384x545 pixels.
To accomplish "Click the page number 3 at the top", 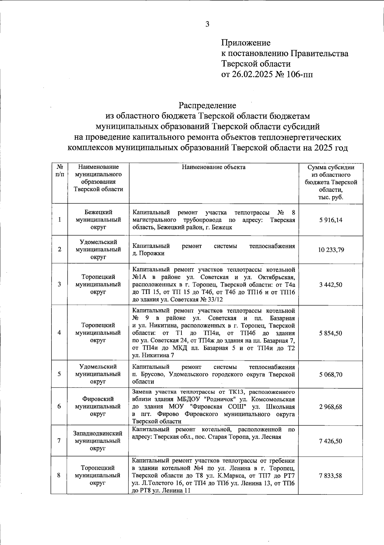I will (x=207, y=24).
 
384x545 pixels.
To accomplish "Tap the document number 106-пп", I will (x=300, y=74).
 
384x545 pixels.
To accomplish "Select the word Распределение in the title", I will (x=207, y=105).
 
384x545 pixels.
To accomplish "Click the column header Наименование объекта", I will (x=213, y=167).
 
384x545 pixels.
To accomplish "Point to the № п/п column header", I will (x=59, y=171).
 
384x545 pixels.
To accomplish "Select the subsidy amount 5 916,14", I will (x=331, y=220).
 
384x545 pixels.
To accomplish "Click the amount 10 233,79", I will (x=331, y=250).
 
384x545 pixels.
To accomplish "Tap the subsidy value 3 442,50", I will (x=331, y=285).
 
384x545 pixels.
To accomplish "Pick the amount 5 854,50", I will (x=331, y=333).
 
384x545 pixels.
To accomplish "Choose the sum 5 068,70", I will (x=331, y=374).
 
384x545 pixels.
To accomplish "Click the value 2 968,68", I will (x=331, y=407).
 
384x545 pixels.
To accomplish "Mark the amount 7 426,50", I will (x=331, y=441).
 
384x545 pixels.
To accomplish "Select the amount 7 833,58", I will (x=331, y=476).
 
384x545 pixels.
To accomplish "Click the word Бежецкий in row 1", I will (x=98, y=212).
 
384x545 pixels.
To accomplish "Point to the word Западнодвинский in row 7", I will (x=98, y=433).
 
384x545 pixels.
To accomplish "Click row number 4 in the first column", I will (x=59, y=333).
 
